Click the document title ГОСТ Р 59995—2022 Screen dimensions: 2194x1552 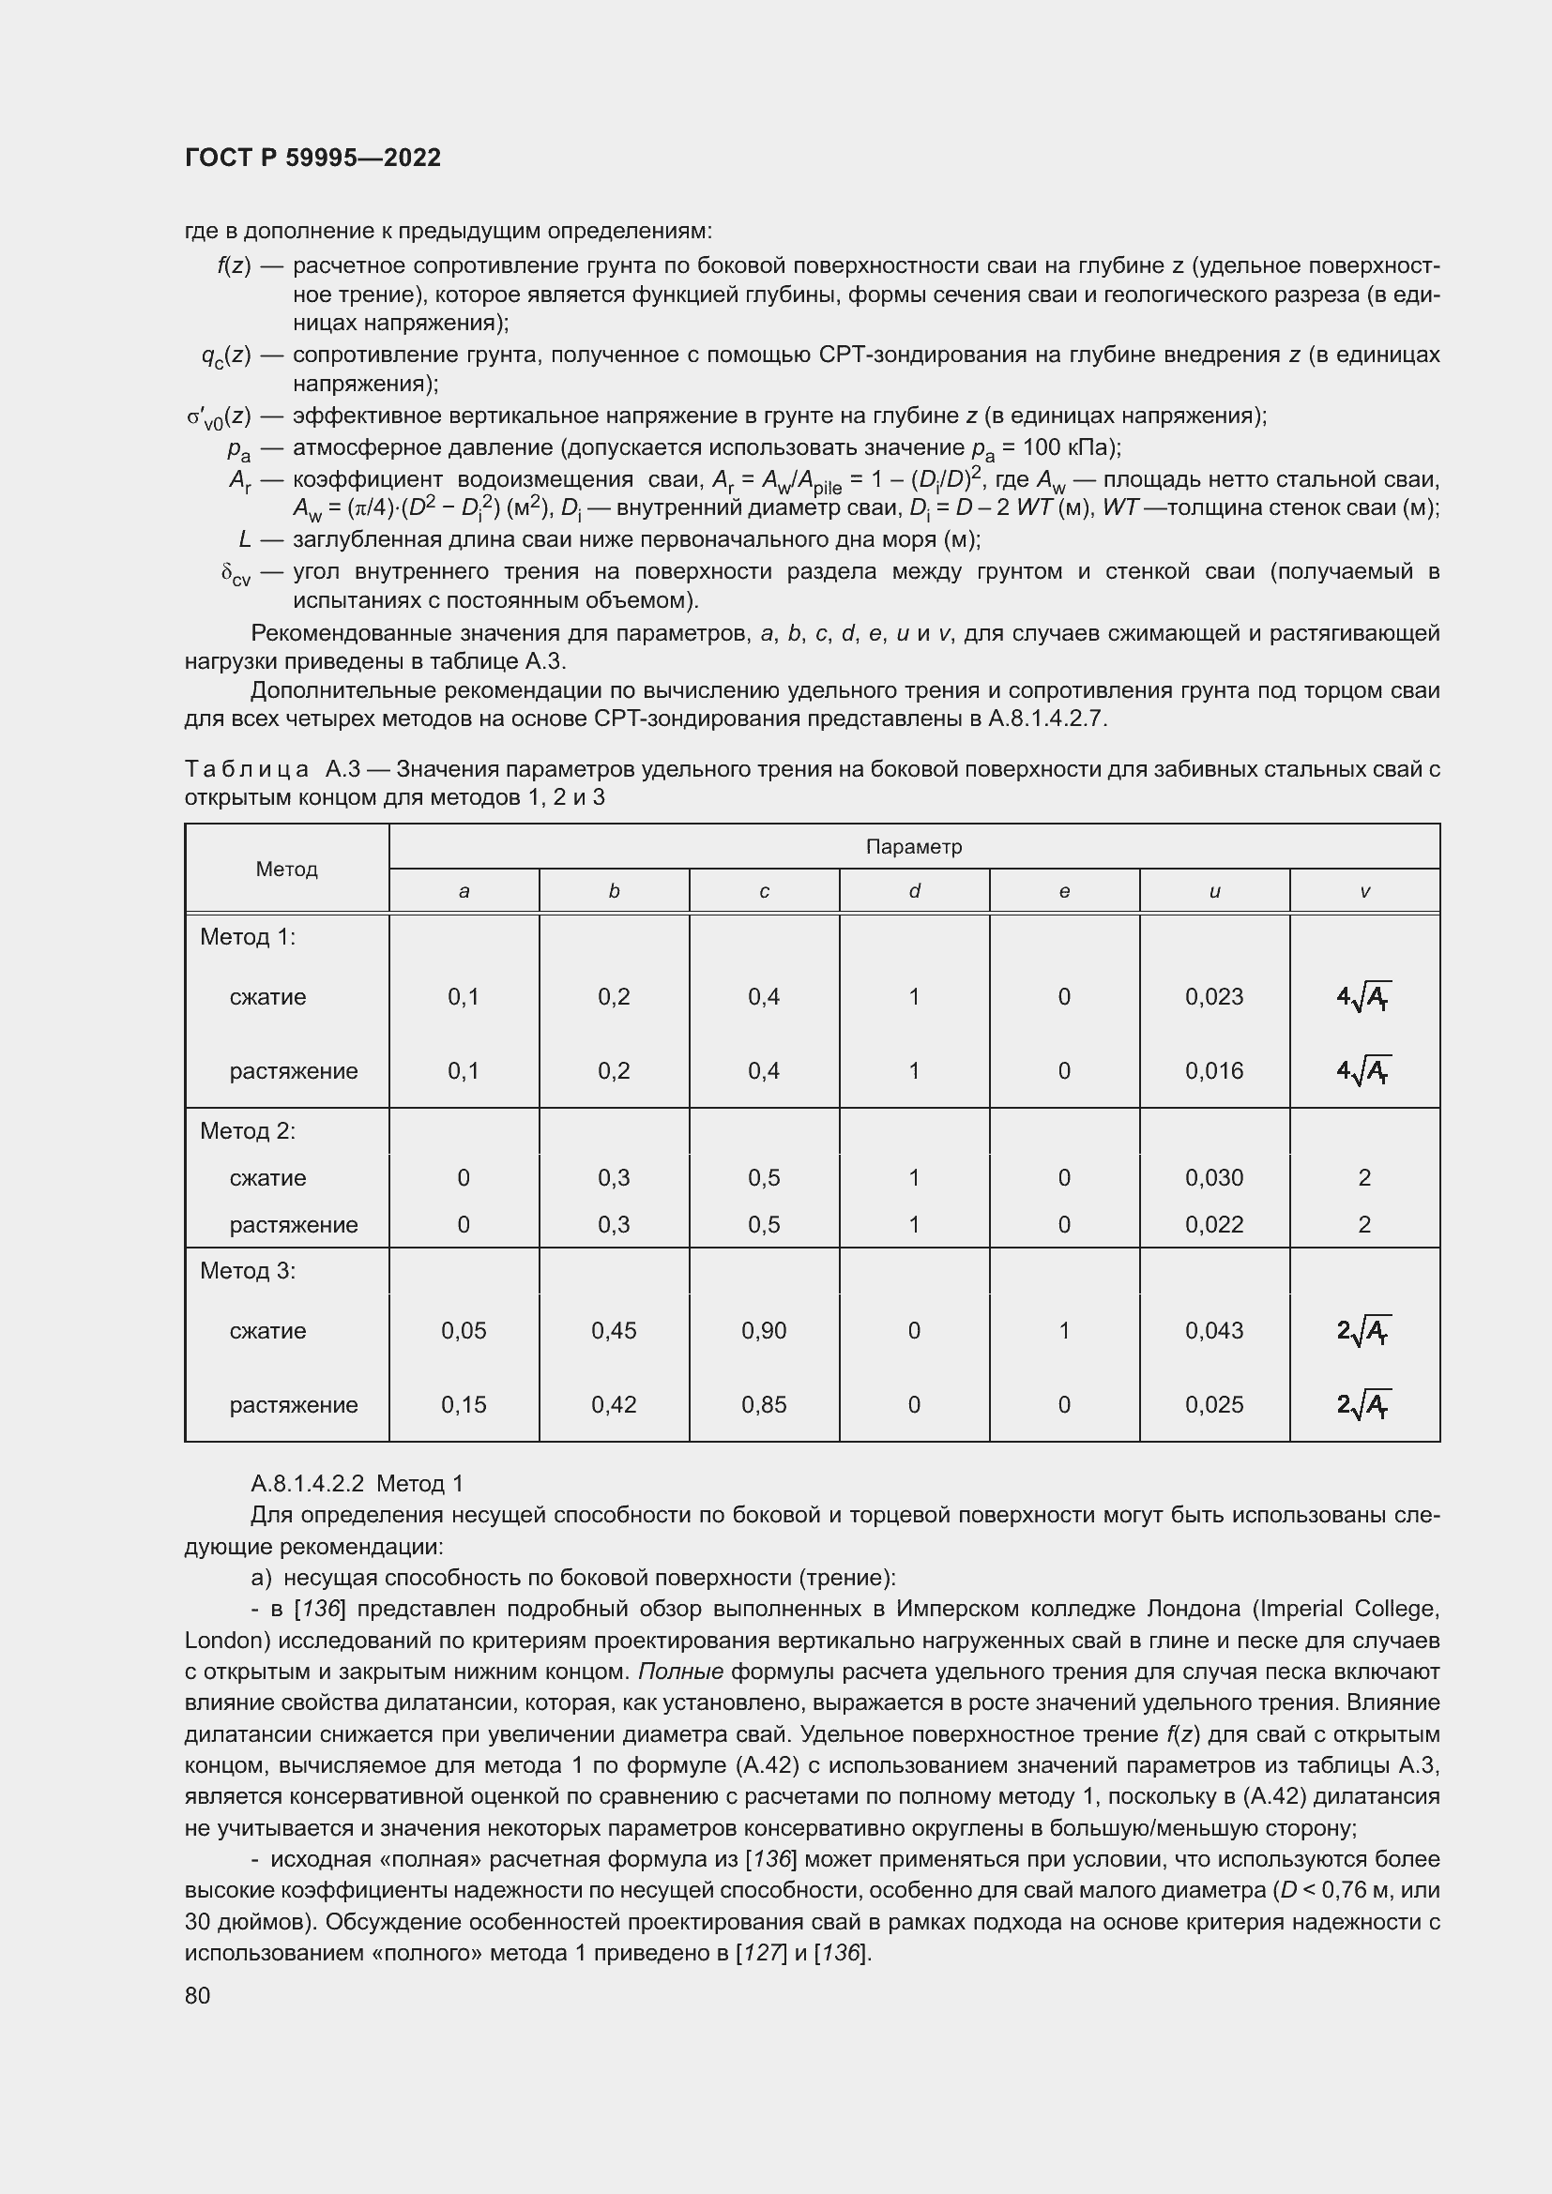click(312, 158)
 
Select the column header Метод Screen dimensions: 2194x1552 click(287, 869)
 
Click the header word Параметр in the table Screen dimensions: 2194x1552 click(914, 847)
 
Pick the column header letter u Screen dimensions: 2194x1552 click(1213, 891)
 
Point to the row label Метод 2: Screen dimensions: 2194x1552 click(248, 1130)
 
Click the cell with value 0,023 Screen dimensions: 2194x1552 click(1213, 997)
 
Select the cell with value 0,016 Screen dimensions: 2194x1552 click(1213, 1071)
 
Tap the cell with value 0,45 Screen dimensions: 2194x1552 click(614, 1330)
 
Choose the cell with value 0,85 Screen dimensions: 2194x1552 click(764, 1405)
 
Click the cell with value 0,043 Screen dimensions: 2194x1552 click(1213, 1330)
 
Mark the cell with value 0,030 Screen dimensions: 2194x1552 click(1213, 1177)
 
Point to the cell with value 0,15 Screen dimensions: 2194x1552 click(464, 1405)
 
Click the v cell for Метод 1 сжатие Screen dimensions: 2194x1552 click(1363, 997)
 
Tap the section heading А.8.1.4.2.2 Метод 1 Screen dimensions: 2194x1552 click(357, 1483)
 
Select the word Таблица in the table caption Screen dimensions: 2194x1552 click(247, 768)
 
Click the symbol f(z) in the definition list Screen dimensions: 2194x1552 click(234, 265)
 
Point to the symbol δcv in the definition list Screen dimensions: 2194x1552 click(236, 574)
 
